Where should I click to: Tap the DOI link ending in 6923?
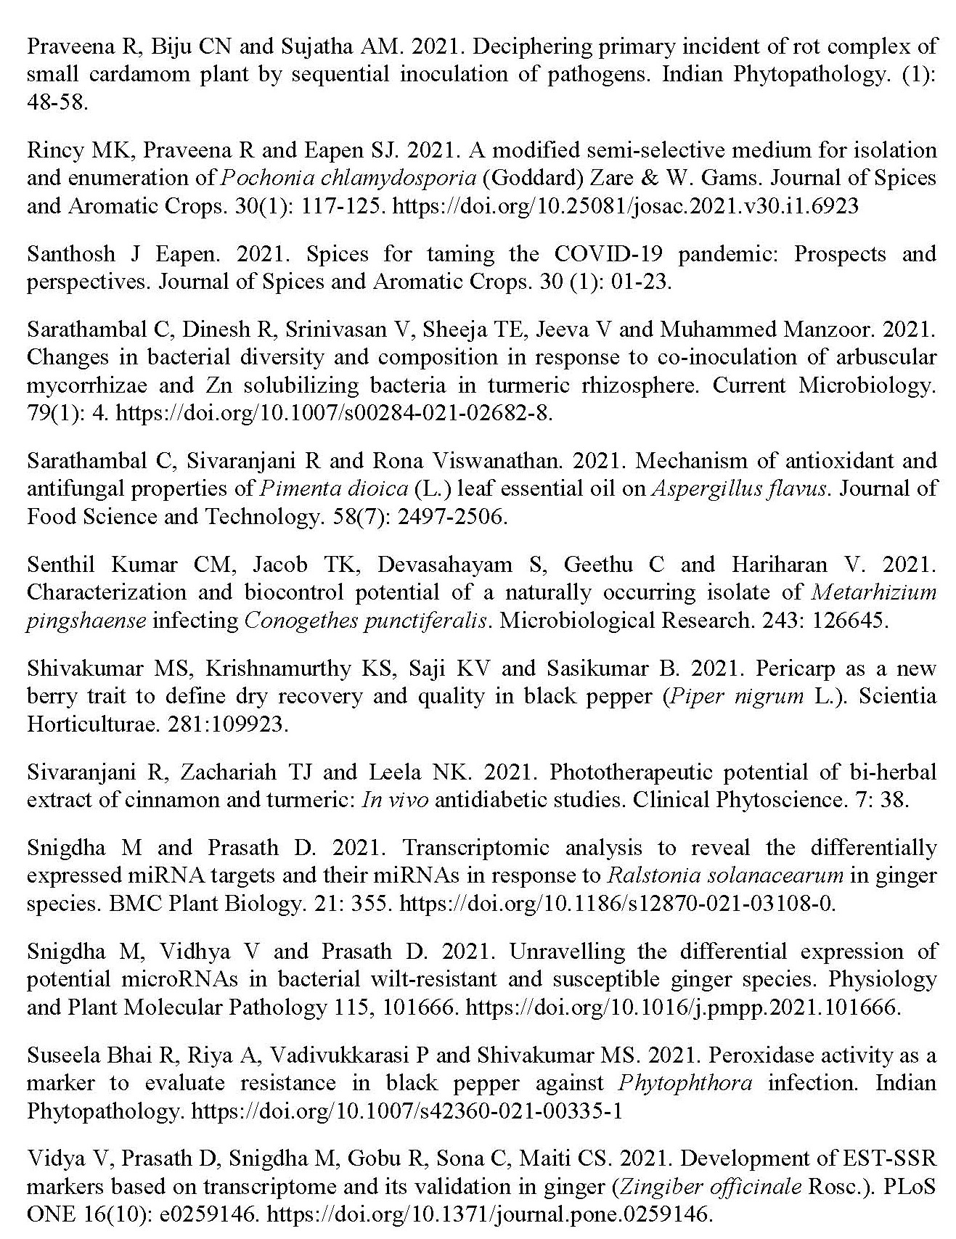pos(625,207)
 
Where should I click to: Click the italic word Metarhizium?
pos(873,592)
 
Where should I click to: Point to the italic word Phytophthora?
pos(685,1083)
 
